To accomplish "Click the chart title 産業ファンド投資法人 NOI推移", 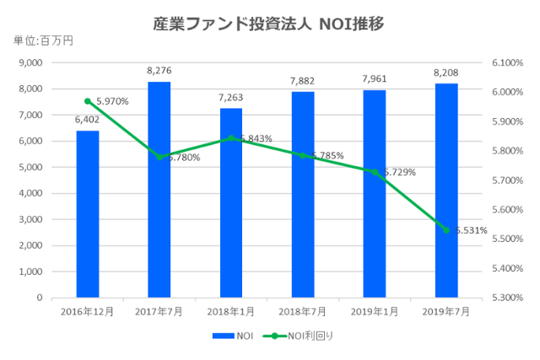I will point(269,24).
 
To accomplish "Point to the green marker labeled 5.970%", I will point(88,101).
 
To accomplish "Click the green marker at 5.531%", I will point(446,230).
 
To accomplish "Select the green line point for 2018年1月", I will point(231,138).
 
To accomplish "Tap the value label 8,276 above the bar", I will point(159,72).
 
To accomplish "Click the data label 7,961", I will point(375,80).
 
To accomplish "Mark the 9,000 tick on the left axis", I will point(30,63).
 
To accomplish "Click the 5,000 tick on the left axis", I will point(30,168).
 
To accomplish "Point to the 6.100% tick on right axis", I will point(506,63).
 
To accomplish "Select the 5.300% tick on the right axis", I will point(506,298).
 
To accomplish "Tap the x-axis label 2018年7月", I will point(303,311).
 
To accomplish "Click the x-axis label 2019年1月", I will point(375,311).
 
